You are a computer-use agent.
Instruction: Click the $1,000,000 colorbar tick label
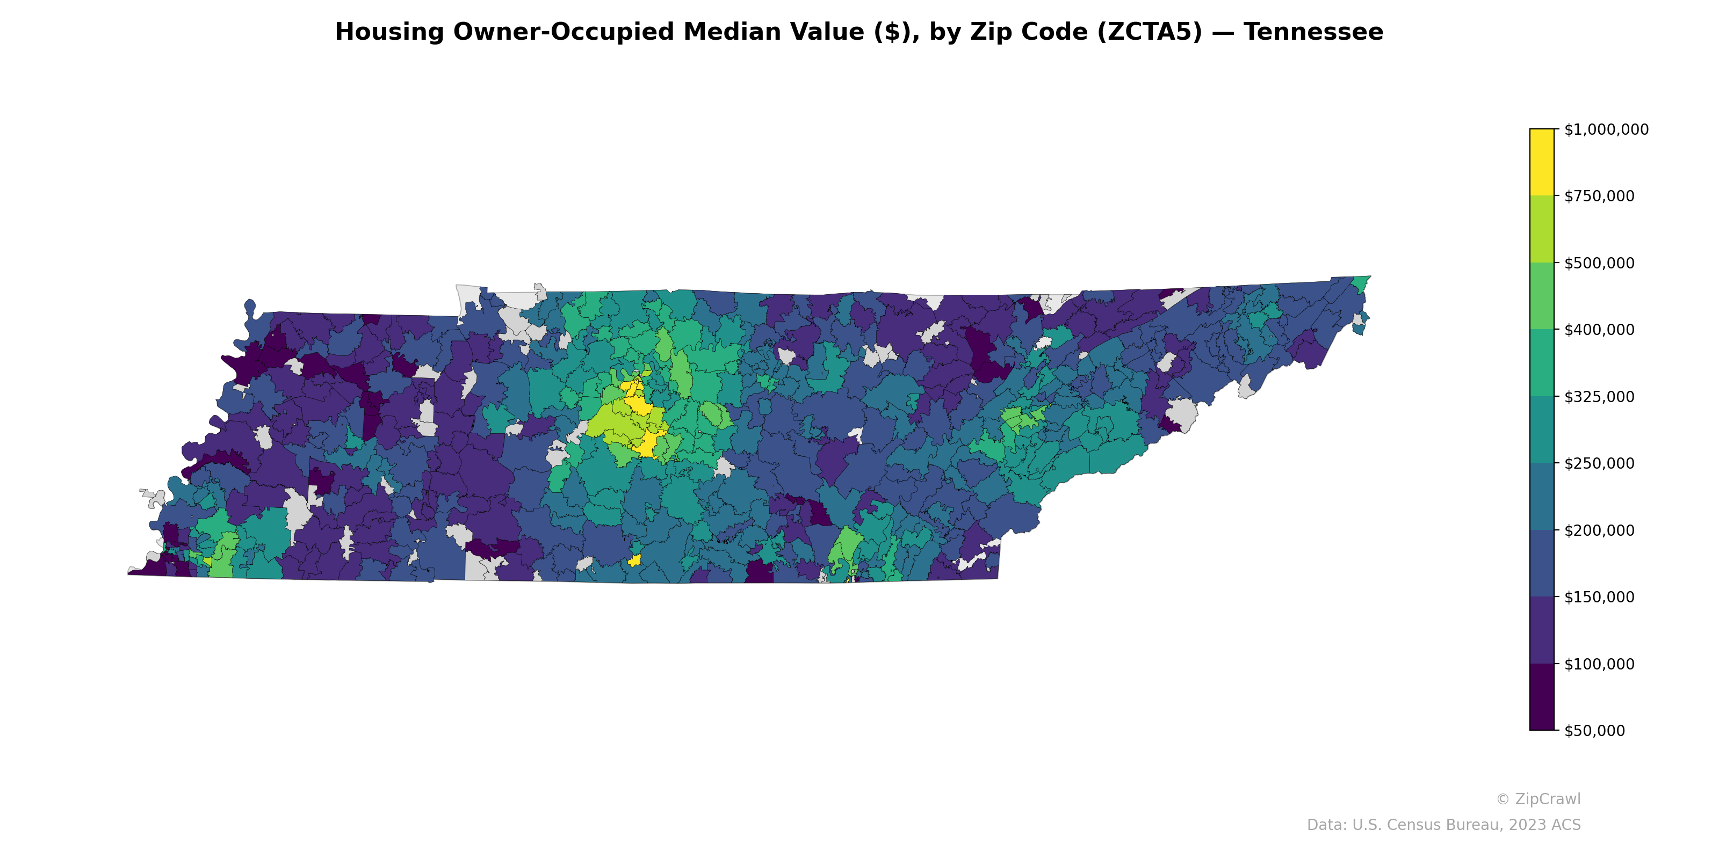(1606, 129)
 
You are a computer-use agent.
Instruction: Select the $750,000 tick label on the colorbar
(1599, 196)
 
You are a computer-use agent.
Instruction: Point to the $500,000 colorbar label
(1599, 263)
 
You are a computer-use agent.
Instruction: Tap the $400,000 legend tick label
(1599, 330)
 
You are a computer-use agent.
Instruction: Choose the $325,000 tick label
(1599, 397)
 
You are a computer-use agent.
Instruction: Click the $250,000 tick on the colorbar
(1599, 463)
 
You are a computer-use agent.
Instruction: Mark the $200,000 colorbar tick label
(1599, 530)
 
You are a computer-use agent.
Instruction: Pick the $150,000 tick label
(1599, 597)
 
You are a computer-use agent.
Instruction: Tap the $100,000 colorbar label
(1599, 664)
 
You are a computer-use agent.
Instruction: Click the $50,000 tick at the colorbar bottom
(1595, 730)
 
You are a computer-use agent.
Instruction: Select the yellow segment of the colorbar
(1542, 162)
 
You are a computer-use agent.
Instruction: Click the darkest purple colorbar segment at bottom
(1542, 697)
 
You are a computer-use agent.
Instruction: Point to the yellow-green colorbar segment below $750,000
(1542, 229)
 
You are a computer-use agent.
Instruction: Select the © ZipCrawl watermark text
(1537, 799)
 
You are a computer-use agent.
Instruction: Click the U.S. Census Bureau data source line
(1443, 825)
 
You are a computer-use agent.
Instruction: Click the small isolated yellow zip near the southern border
(634, 560)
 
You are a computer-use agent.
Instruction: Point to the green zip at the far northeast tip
(1361, 283)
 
